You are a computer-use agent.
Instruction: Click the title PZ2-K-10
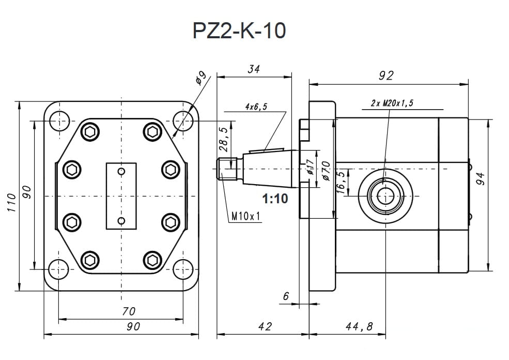[239, 31]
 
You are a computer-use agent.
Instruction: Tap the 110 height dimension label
[11, 203]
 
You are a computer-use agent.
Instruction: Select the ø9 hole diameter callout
[201, 78]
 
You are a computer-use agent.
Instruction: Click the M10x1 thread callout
[246, 216]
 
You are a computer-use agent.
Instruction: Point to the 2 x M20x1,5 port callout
[392, 103]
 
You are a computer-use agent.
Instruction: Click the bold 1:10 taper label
[275, 199]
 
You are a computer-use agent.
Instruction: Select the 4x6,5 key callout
[256, 107]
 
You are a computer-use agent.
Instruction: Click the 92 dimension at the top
[386, 76]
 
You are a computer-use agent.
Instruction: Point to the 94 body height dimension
[481, 178]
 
